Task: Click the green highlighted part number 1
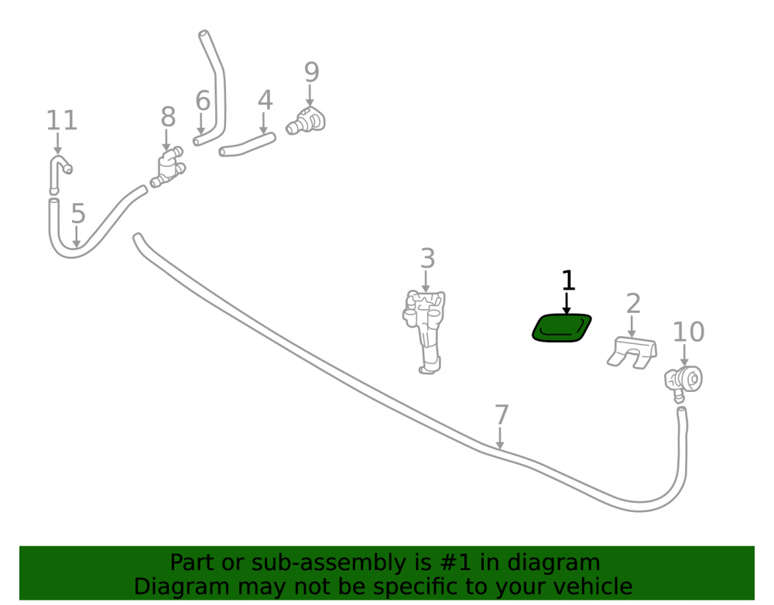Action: [562, 328]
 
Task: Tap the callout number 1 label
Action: [568, 280]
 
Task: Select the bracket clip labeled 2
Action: [632, 352]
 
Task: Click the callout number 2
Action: [633, 303]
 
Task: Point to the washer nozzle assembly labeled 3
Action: [425, 331]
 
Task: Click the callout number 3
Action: [427, 258]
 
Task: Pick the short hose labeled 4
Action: [248, 145]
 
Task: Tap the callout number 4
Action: [265, 100]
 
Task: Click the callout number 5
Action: [78, 213]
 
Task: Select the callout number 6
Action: [203, 100]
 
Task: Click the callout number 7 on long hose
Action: [502, 414]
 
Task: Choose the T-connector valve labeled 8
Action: [168, 167]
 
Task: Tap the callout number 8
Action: [168, 117]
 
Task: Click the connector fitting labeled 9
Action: [306, 122]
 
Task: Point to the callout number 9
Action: [311, 72]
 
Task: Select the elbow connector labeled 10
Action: [683, 382]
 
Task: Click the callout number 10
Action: [689, 332]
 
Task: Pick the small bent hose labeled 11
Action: [59, 174]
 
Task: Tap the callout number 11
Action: [62, 121]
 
